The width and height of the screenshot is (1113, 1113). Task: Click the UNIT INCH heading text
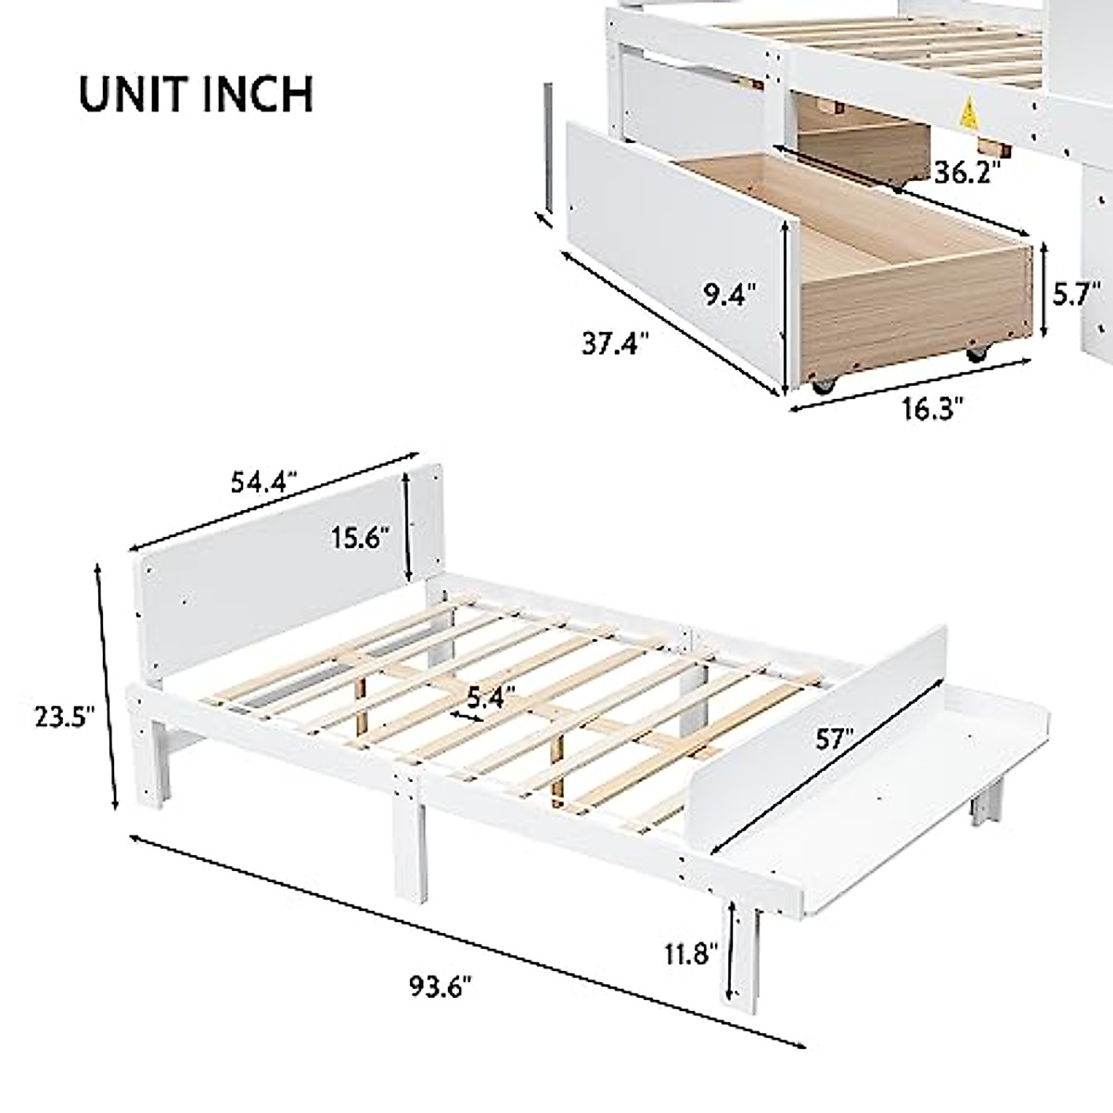point(195,94)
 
